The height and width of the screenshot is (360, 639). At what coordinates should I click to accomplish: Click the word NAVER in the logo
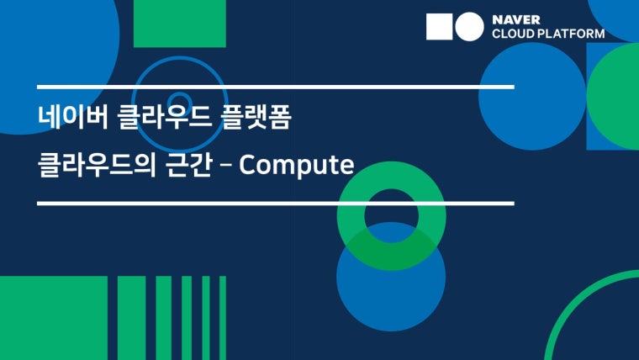[516, 19]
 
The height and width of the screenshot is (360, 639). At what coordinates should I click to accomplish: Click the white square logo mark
[439, 27]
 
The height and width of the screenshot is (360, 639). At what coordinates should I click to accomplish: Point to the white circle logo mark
[469, 27]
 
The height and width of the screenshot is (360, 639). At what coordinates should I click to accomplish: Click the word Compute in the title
[296, 165]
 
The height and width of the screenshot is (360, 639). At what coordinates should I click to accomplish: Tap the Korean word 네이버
[73, 118]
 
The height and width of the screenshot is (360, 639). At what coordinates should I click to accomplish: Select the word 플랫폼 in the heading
[256, 118]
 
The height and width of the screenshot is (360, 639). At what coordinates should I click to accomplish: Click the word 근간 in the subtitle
[188, 165]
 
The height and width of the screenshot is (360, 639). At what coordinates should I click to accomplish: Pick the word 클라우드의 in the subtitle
[97, 165]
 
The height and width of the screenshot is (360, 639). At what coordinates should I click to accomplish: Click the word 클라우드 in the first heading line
[164, 118]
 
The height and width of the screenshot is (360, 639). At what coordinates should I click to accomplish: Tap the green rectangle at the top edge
[180, 24]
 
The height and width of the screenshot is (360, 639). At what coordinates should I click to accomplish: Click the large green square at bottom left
[54, 318]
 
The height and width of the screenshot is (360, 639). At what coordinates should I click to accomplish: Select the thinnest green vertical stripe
[223, 318]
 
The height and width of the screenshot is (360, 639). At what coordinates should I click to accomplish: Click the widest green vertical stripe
[132, 318]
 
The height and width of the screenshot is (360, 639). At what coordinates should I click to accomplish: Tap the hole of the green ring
[391, 215]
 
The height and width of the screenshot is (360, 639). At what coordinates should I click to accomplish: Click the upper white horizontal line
[276, 87]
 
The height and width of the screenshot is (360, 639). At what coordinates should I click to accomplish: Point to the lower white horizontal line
[276, 204]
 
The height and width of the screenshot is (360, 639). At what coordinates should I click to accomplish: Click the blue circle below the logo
[532, 96]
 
